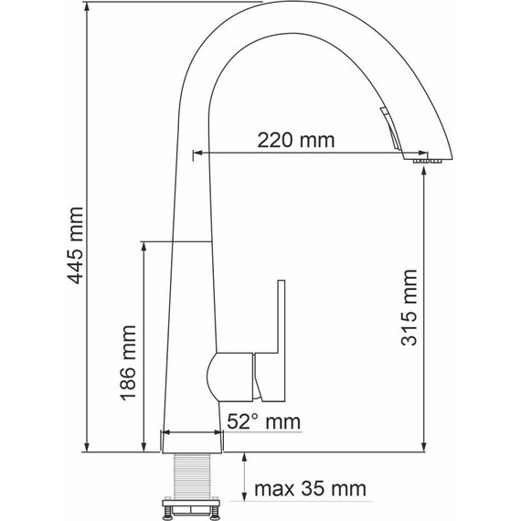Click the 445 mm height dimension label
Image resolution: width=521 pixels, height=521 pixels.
click(x=76, y=246)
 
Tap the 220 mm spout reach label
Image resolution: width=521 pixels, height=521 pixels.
click(x=296, y=140)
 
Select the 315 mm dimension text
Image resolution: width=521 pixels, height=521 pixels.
click(x=409, y=308)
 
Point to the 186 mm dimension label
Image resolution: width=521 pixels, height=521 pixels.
click(x=128, y=363)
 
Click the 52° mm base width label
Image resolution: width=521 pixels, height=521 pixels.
click(x=264, y=421)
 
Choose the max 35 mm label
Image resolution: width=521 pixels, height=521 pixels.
click(x=310, y=489)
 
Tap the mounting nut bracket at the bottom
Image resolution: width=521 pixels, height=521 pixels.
click(x=191, y=508)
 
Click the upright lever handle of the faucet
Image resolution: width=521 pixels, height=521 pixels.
click(x=271, y=341)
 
